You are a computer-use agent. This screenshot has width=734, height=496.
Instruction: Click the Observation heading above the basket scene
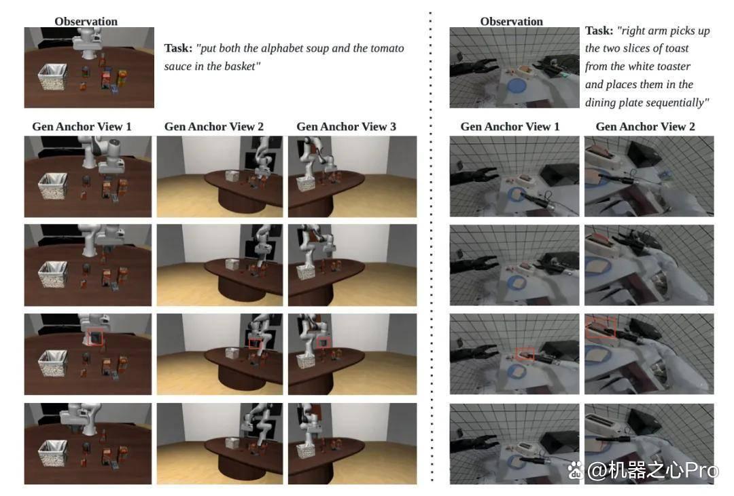(86, 22)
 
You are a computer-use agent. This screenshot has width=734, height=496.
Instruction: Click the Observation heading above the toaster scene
(512, 22)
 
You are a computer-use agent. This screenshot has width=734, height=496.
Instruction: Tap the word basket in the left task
(241, 66)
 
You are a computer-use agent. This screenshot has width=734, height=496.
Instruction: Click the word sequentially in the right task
(672, 103)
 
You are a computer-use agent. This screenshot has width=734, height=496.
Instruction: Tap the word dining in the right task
(599, 103)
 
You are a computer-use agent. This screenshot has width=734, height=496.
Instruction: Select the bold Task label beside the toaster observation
(599, 31)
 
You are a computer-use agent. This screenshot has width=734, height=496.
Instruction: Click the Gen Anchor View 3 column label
(347, 127)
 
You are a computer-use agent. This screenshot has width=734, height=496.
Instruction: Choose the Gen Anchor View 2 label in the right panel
(645, 127)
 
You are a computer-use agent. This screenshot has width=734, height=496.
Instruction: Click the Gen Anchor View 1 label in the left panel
(82, 127)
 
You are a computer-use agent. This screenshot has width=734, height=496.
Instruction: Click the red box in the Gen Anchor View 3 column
(324, 343)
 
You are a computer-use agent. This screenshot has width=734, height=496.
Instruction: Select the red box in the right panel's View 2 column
(600, 326)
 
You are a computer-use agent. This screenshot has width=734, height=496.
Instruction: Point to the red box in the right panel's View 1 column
(525, 354)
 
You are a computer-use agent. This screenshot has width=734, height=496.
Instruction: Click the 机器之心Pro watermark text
(652, 470)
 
